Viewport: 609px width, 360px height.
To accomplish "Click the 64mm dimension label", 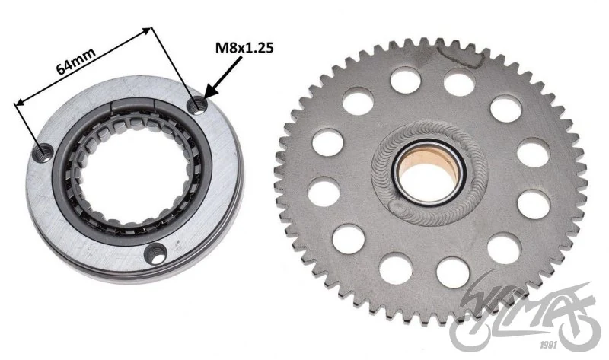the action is [x=76, y=62].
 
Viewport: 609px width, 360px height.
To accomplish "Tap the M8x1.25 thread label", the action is [x=244, y=48].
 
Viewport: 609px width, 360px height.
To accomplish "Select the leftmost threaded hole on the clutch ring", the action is [x=43, y=152].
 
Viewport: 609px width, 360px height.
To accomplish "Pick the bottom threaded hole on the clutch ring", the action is [x=156, y=253].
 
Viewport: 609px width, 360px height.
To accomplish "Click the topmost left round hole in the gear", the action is [x=405, y=81].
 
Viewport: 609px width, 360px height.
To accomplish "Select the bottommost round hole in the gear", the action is [x=452, y=272].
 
